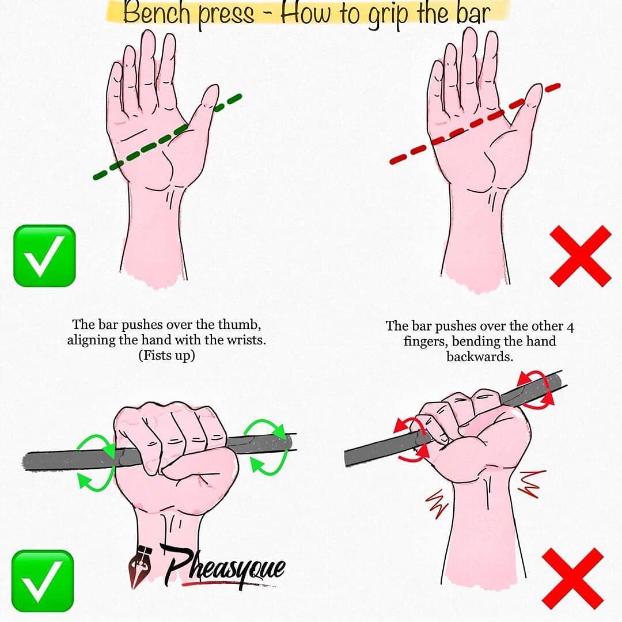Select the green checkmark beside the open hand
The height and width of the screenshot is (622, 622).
pyautogui.click(x=44, y=256)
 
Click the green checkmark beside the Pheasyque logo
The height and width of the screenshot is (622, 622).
pyautogui.click(x=43, y=581)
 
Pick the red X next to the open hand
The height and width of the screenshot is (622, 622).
pyautogui.click(x=581, y=256)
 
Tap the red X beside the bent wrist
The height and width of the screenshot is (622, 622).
pyautogui.click(x=573, y=579)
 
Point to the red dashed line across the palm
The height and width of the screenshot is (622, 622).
pyautogui.click(x=475, y=124)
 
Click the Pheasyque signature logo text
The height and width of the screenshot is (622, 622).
pyautogui.click(x=225, y=567)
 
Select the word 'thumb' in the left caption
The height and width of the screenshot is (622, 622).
pyautogui.click(x=239, y=324)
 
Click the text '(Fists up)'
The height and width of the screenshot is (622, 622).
pyautogui.click(x=166, y=355)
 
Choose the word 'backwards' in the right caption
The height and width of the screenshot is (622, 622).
pyautogui.click(x=480, y=356)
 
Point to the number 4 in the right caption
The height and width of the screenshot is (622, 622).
pyautogui.click(x=570, y=327)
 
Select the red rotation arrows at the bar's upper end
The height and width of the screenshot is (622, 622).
pyautogui.click(x=536, y=389)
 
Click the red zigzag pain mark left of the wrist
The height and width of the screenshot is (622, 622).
pyautogui.click(x=437, y=503)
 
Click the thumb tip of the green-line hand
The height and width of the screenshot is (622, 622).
pyautogui.click(x=211, y=89)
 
